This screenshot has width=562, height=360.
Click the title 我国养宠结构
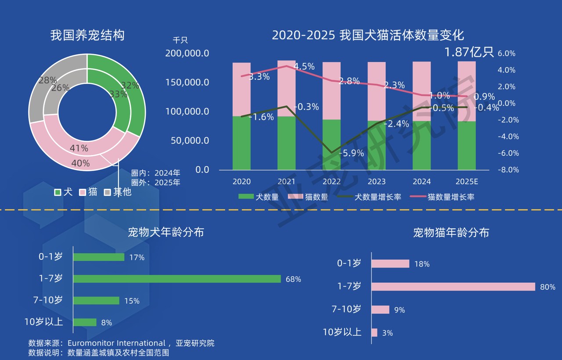click(x=87, y=35)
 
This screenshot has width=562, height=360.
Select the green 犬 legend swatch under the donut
click(x=58, y=192)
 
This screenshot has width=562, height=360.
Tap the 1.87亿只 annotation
click(x=469, y=52)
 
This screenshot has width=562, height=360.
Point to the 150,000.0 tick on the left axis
click(x=187, y=83)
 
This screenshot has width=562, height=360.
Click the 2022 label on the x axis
click(x=331, y=182)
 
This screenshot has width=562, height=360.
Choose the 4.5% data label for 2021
click(x=304, y=66)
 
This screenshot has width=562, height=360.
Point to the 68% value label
click(x=293, y=279)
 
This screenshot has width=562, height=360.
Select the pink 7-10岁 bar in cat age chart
click(x=380, y=310)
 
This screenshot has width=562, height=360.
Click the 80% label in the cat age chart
click(x=548, y=287)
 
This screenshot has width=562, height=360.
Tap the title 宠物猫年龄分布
click(x=451, y=233)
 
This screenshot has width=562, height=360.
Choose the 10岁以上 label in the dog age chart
click(x=43, y=322)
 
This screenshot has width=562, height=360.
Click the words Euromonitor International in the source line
click(x=116, y=343)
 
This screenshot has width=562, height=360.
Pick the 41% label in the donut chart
click(x=79, y=148)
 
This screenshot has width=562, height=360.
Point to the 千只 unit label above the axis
click(x=180, y=40)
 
